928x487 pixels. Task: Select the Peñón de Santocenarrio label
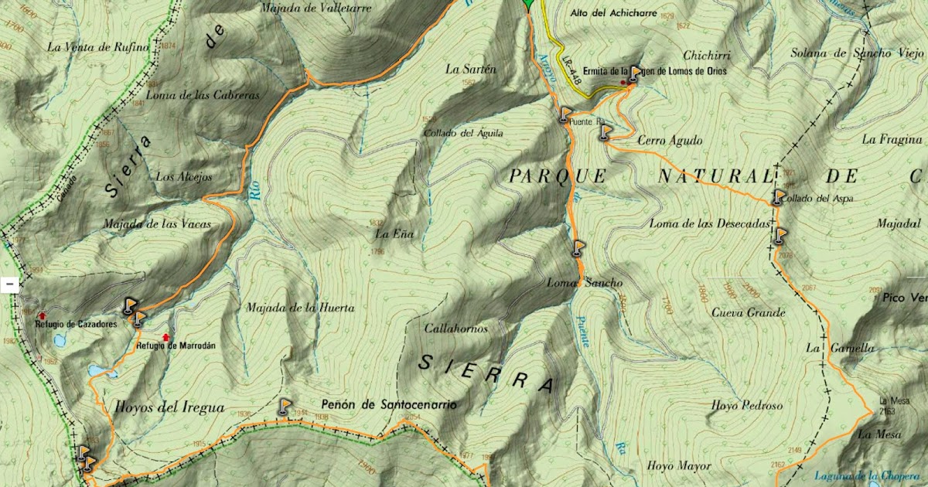point(389,404)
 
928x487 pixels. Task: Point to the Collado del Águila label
point(463,133)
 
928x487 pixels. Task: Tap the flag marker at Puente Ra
point(565,114)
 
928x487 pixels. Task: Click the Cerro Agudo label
point(670,141)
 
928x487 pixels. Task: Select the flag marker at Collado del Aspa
point(779,197)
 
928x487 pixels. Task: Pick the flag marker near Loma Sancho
point(578,248)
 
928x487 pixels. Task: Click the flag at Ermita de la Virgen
point(634,73)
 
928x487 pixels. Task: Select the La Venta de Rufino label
point(97,47)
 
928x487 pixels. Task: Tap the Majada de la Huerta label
point(300,308)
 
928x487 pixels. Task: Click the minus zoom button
point(9,284)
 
